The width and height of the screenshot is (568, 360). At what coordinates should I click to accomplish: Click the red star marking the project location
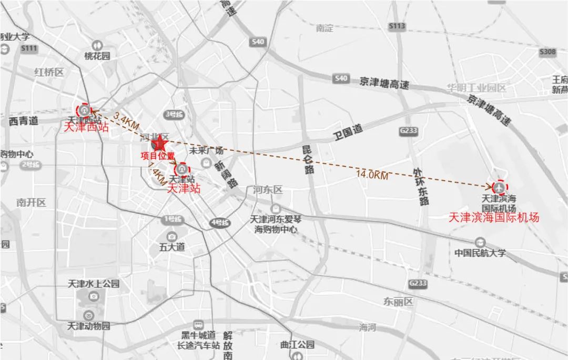coord(159,143)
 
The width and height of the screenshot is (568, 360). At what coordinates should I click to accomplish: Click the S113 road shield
coord(397,26)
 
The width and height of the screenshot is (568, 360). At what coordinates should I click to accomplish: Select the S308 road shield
coord(547,52)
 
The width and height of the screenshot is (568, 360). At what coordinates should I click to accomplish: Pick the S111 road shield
coord(29,48)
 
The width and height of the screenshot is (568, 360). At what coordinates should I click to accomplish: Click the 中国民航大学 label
coord(480,253)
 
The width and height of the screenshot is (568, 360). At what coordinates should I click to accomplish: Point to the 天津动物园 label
coord(89,326)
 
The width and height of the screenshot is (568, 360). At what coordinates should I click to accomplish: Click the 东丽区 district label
coord(398,302)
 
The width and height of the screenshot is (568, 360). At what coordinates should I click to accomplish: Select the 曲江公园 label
coord(297,345)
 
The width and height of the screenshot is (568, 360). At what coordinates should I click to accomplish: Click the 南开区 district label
coord(31,202)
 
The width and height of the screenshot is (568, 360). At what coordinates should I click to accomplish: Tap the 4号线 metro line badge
coord(220,223)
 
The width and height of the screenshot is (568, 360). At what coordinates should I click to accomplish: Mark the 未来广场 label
coord(207,150)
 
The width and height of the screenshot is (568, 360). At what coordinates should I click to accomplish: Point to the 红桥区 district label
coord(48,72)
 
